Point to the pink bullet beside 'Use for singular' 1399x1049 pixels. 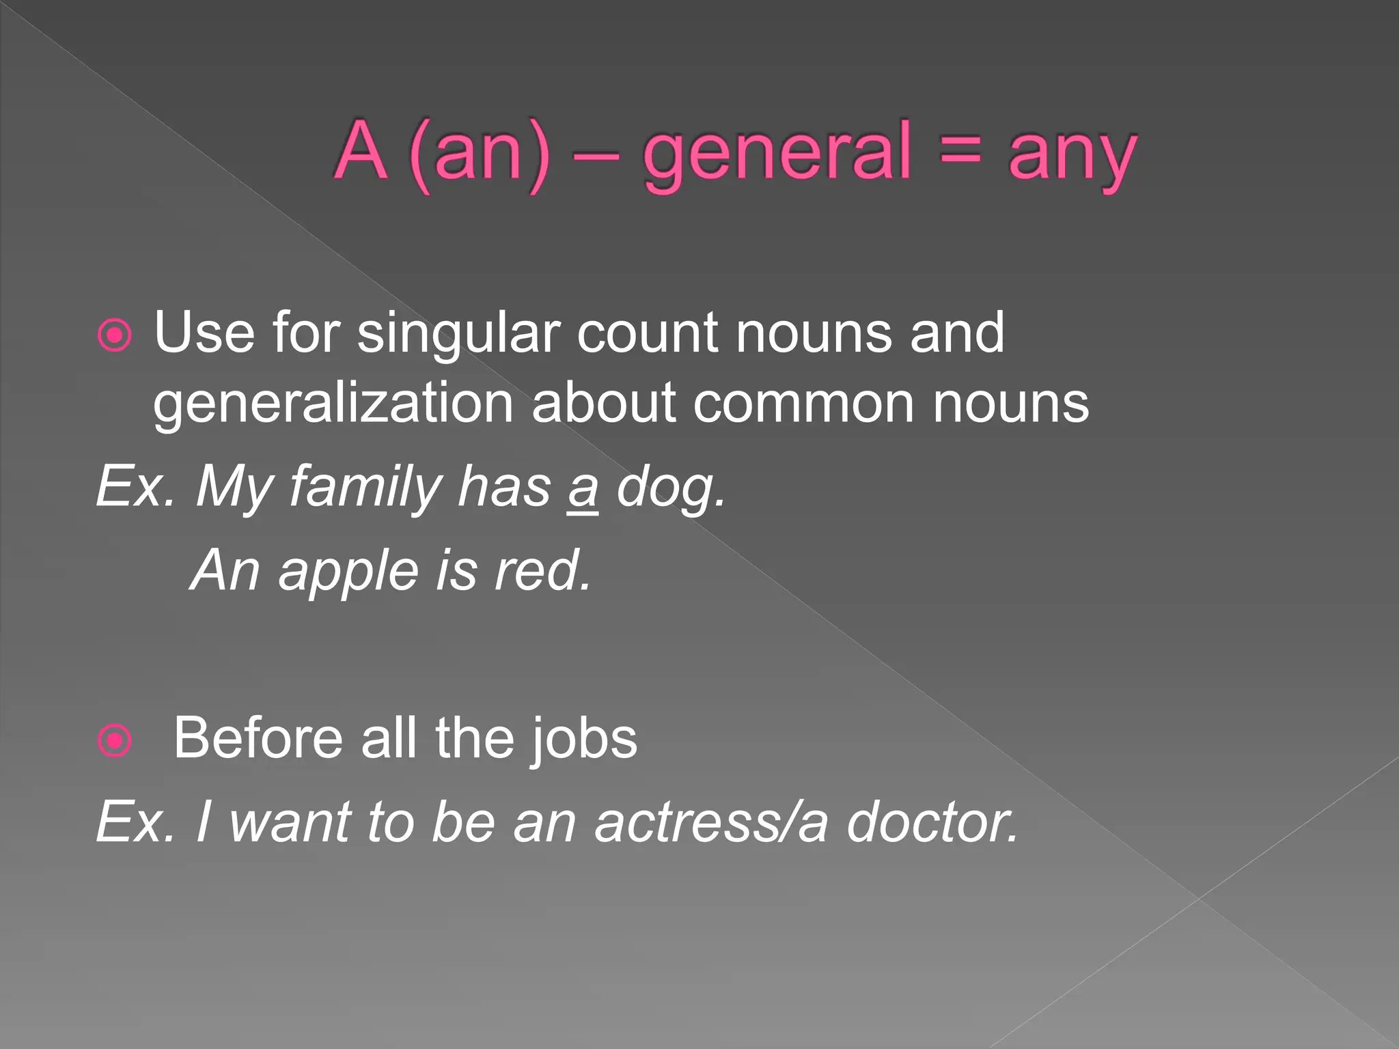(x=114, y=335)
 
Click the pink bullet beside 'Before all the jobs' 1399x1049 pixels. (x=114, y=740)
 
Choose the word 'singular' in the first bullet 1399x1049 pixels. (x=458, y=335)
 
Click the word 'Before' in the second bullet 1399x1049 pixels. (x=257, y=739)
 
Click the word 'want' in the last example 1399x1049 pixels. (x=289, y=822)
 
